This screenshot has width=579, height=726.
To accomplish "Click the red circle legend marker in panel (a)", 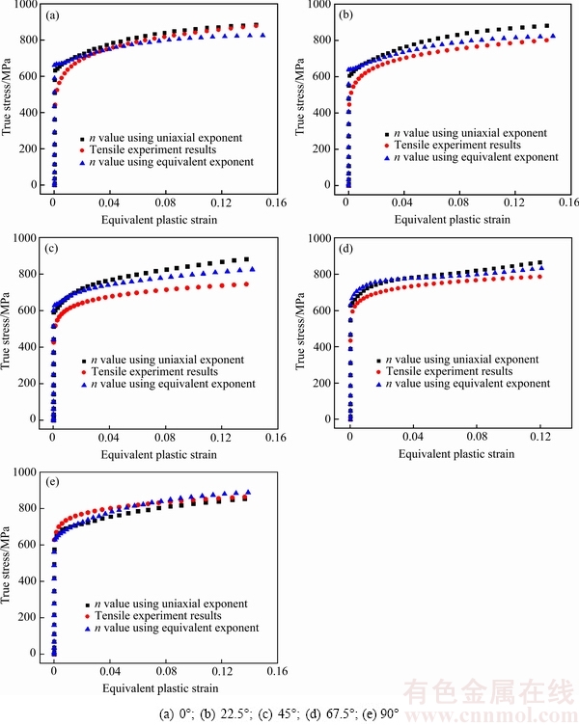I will [83, 149].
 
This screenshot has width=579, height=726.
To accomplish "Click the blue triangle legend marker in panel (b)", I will [377, 156].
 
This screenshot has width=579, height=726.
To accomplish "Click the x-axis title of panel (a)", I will [159, 220].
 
